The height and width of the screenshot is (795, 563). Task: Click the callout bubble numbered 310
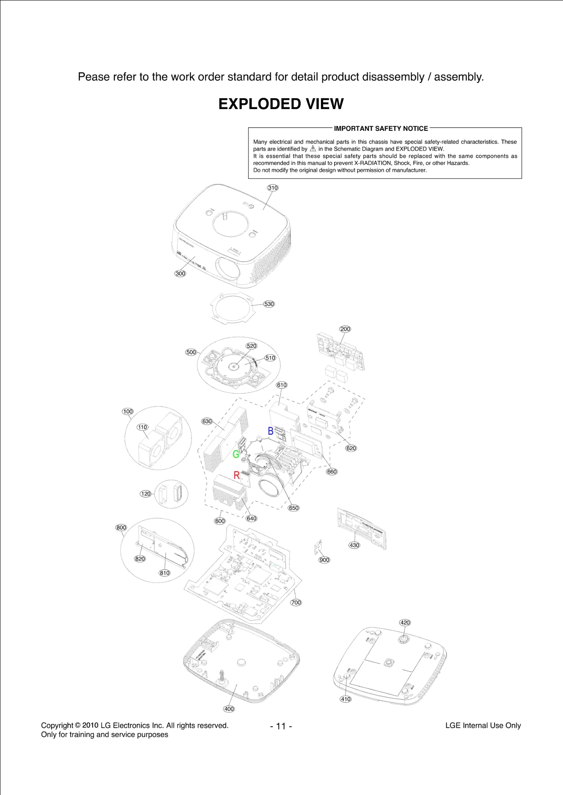[x=273, y=188]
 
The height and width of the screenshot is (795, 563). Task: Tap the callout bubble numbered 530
[x=269, y=304]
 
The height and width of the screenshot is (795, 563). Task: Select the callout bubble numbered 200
[x=345, y=329]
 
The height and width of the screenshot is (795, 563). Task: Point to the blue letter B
[x=271, y=431]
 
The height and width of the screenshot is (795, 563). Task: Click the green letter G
[x=236, y=454]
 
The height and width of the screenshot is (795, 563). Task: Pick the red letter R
[x=237, y=476]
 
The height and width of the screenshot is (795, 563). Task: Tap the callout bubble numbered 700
[x=296, y=603]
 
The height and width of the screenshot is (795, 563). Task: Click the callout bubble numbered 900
[x=324, y=560]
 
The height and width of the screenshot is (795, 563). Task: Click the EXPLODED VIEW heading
[x=281, y=104]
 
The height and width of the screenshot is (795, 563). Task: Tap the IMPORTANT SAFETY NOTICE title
[x=381, y=129]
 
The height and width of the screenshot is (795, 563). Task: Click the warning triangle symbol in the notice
[x=313, y=149]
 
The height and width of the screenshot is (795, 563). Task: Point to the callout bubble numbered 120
[x=146, y=494]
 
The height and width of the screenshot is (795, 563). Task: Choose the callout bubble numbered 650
[x=293, y=508]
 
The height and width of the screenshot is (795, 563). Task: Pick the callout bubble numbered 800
[x=121, y=528]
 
